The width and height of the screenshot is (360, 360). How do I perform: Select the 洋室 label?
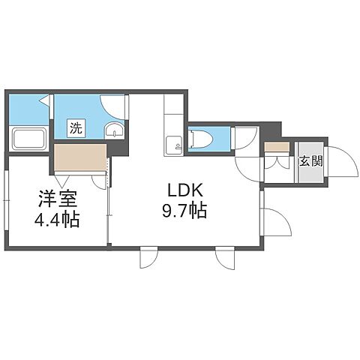[x=58, y=201]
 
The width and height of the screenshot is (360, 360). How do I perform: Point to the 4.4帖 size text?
[x=58, y=222]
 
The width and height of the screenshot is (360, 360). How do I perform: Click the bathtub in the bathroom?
[x=30, y=139]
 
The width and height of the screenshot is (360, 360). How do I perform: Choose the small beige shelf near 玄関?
[x=275, y=146]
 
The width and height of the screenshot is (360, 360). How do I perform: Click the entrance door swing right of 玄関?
[x=339, y=161]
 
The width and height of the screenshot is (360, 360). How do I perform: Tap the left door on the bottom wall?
[x=148, y=259]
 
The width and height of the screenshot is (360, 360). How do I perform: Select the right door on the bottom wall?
[x=224, y=259]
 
